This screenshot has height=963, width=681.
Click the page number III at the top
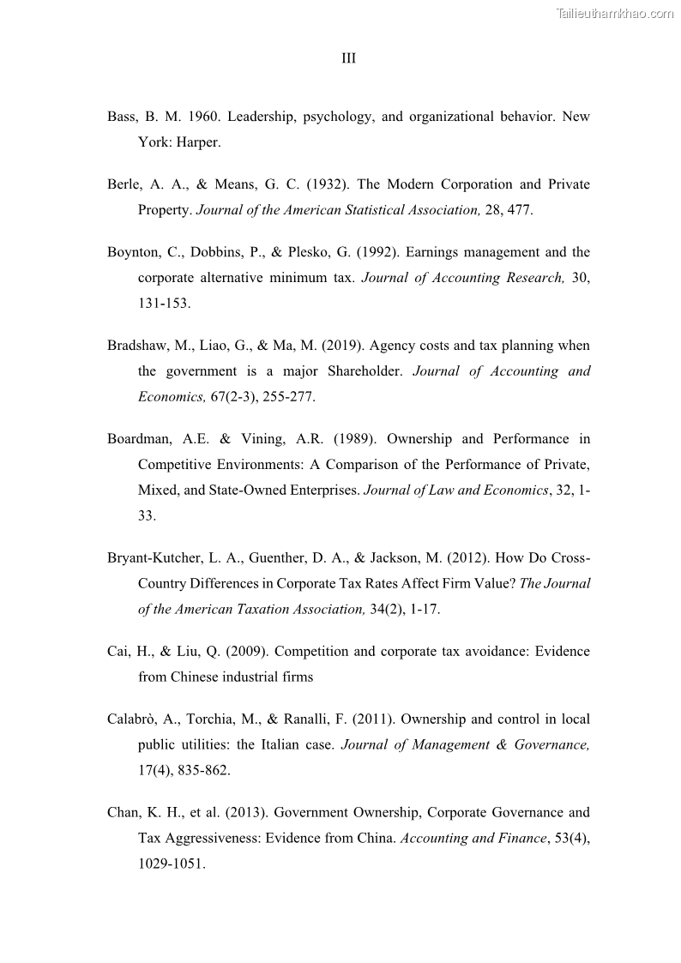point(348,58)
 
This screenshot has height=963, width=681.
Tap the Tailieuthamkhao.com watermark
point(615,13)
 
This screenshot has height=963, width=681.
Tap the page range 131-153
point(164,304)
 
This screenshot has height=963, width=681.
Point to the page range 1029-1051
point(172,864)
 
